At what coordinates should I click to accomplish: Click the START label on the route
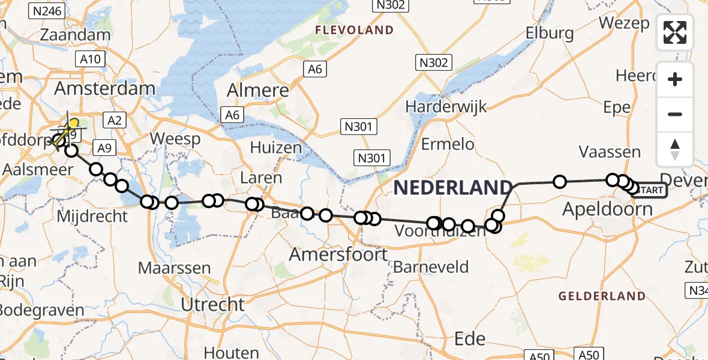click(x=649, y=191)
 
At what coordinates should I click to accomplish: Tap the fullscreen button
click(x=675, y=32)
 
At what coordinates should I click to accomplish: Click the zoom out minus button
click(x=675, y=114)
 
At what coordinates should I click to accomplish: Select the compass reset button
click(x=675, y=149)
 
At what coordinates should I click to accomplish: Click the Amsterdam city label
click(x=105, y=89)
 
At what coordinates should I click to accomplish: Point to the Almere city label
click(x=258, y=91)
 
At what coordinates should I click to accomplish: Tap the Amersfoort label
click(x=338, y=254)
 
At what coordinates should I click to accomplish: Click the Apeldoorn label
click(x=608, y=209)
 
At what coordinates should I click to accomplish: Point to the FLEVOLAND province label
click(x=355, y=30)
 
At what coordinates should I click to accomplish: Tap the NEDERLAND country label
click(x=453, y=188)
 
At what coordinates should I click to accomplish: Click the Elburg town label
click(x=550, y=33)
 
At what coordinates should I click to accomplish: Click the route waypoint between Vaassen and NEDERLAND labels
click(x=559, y=181)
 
